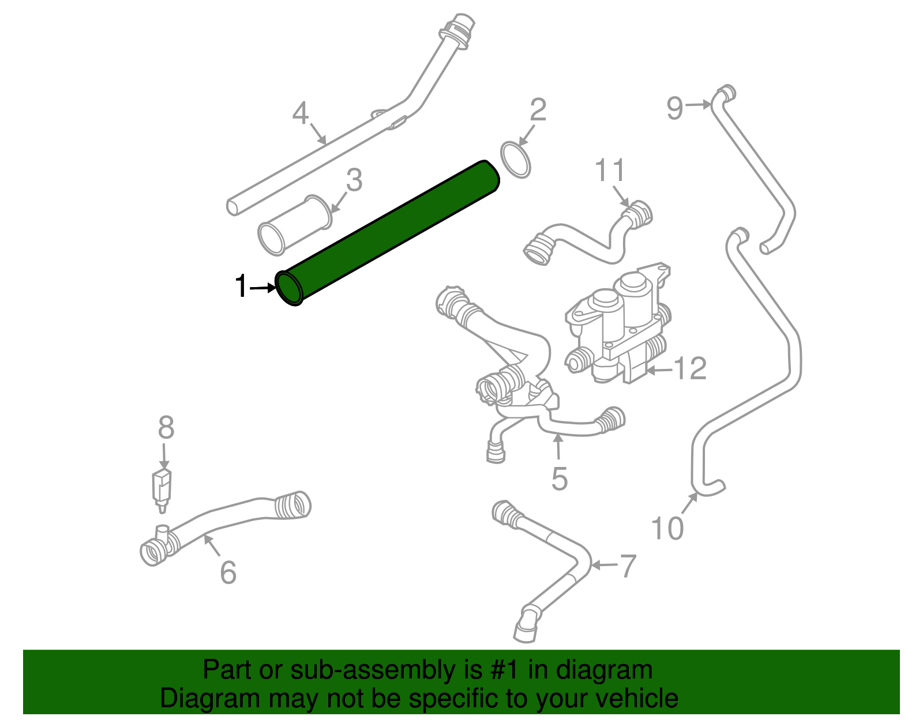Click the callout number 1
pyautogui.click(x=241, y=287)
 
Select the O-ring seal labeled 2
pyautogui.click(x=515, y=160)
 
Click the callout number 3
pyautogui.click(x=354, y=180)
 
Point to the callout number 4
pyautogui.click(x=301, y=114)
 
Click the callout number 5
pyautogui.click(x=559, y=479)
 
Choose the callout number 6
pyautogui.click(x=228, y=572)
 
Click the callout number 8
pyautogui.click(x=166, y=428)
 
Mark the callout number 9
pyautogui.click(x=674, y=108)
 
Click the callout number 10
pyautogui.click(x=667, y=528)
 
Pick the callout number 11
pyautogui.click(x=610, y=171)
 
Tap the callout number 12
pyautogui.click(x=690, y=368)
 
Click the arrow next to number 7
pyautogui.click(x=603, y=565)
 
